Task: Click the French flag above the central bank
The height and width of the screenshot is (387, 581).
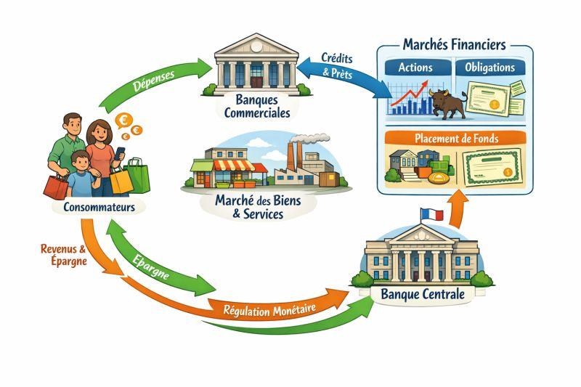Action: point(432,214)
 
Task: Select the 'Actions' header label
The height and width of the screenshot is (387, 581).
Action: point(415,68)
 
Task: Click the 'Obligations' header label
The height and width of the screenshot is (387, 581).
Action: point(489,68)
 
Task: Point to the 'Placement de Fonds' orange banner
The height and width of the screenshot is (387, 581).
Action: point(455,139)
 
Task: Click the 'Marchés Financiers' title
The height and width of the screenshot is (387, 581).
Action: point(455,45)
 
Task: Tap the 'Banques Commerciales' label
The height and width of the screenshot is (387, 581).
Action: point(257,106)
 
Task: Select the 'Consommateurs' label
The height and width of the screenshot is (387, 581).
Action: point(99,207)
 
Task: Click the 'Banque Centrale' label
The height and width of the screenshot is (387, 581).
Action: point(423,294)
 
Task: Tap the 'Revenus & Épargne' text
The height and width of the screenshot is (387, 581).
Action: point(64,255)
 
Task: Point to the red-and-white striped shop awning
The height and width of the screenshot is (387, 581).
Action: point(234,166)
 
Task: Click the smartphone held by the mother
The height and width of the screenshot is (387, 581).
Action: point(119,153)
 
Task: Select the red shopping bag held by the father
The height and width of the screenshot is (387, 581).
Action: point(56,187)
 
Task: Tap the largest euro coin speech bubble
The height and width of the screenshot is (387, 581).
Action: point(124,121)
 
